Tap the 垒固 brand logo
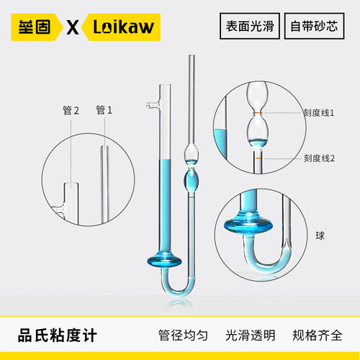(36, 28)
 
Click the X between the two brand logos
(73, 28)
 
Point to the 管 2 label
(71, 110)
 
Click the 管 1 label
(104, 110)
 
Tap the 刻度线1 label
(317, 112)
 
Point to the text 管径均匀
(183, 336)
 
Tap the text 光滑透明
(251, 336)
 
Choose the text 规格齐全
(317, 336)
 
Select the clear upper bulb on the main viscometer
(192, 153)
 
